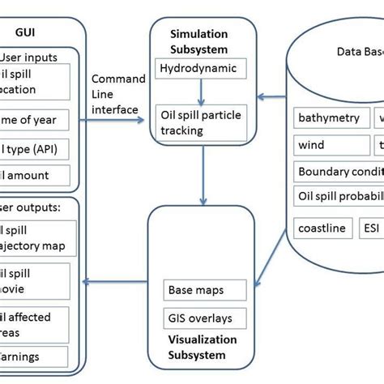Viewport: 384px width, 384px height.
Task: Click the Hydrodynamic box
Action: [x=198, y=68]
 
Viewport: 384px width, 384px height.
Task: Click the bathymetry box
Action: [x=328, y=118]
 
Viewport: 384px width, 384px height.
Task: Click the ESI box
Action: [x=369, y=228]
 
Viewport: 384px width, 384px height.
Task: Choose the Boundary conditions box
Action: [x=338, y=172]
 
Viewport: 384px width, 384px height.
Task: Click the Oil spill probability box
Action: [x=338, y=195]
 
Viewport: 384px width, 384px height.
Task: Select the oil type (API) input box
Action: [x=36, y=149]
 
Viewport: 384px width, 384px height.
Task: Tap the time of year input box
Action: [x=36, y=122]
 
